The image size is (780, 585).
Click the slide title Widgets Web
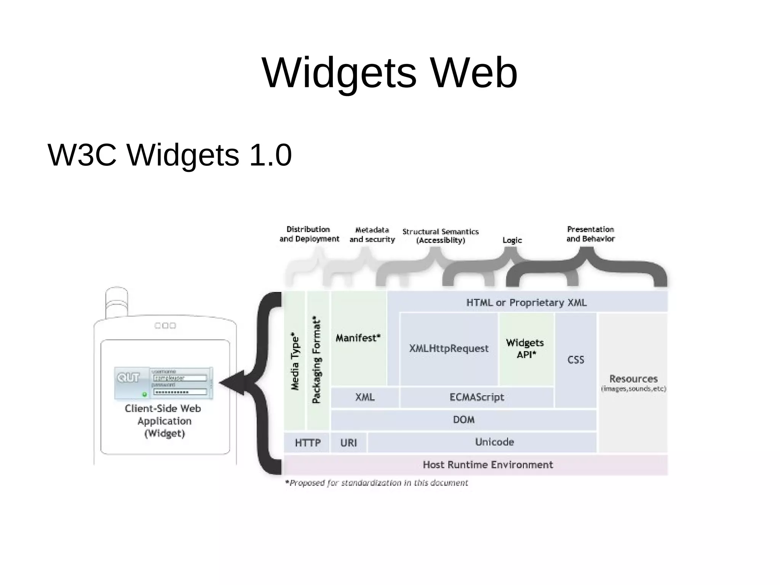click(x=390, y=72)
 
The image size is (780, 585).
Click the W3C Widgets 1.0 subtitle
click(x=169, y=155)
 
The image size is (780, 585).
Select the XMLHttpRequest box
click(x=449, y=348)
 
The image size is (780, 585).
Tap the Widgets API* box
click(x=525, y=348)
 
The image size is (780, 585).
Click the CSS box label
click(x=575, y=360)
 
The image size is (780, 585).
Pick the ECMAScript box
click(x=476, y=397)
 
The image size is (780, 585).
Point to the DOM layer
click(x=464, y=420)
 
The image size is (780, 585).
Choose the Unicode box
click(x=494, y=442)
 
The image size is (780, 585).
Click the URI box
click(x=348, y=443)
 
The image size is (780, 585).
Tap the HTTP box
click(x=307, y=443)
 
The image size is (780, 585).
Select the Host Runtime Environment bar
click(x=488, y=465)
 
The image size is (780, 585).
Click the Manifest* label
click(x=358, y=338)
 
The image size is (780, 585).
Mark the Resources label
click(x=633, y=379)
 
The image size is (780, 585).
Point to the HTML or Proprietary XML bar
click(x=526, y=303)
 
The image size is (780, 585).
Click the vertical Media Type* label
click(x=295, y=361)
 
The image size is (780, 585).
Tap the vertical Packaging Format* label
click(x=317, y=359)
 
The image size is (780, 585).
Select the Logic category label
click(x=512, y=240)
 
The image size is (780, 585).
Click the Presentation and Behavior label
click(x=590, y=234)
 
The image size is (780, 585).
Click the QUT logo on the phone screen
click(x=128, y=377)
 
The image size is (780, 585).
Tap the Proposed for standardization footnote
click(x=377, y=483)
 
